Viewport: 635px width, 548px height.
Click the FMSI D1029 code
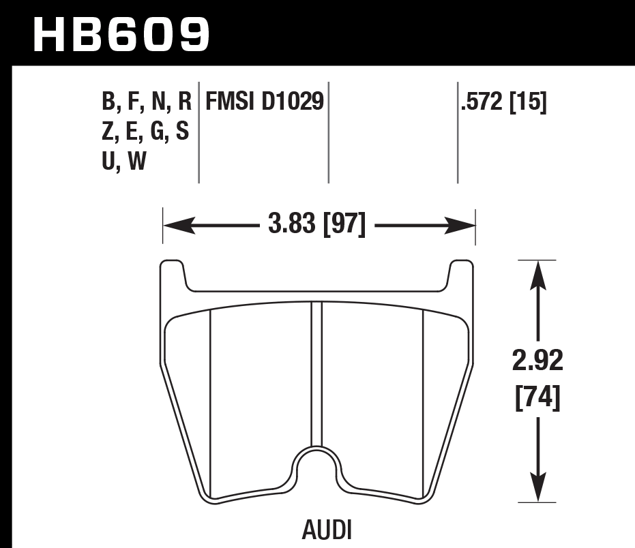point(264,102)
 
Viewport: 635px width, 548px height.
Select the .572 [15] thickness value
point(504,102)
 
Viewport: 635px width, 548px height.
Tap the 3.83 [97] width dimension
point(318,224)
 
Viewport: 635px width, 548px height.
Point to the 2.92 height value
point(538,361)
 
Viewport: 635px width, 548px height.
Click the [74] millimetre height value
point(538,398)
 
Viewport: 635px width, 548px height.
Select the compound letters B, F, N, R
point(146,102)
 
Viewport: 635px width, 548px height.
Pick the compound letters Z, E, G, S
point(145,132)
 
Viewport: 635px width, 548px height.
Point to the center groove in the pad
point(316,375)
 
